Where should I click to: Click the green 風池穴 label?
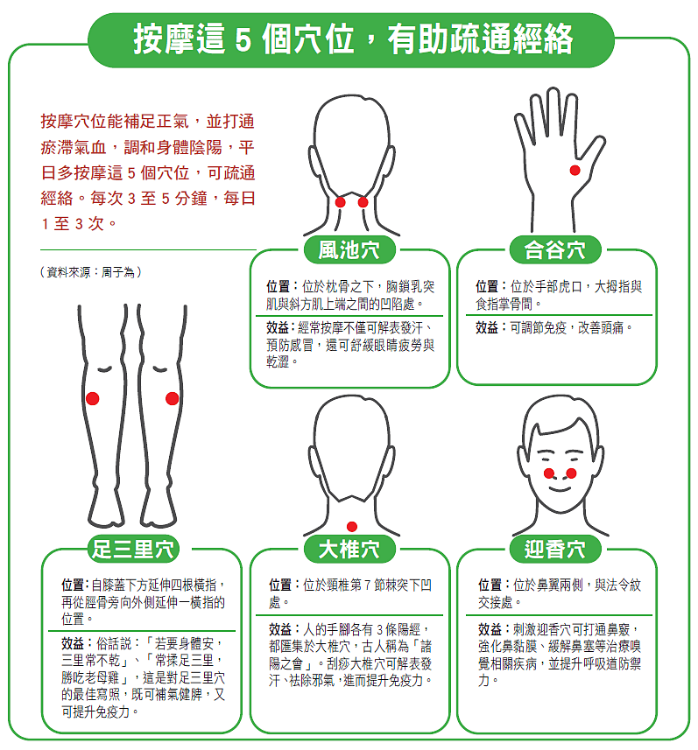point(349,249)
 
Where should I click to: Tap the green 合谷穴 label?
point(555,249)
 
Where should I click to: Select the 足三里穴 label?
point(133,549)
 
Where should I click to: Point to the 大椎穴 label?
point(349,549)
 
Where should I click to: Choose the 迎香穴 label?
point(555,549)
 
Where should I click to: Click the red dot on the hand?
point(575,171)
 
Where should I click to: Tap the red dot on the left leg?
point(93,398)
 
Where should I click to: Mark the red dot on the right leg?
point(172,398)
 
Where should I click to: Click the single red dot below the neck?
point(352,527)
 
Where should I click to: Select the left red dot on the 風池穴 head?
point(341,202)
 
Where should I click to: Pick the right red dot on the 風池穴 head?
point(363,202)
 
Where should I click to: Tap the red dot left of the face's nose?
point(548,473)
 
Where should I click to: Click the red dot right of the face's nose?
point(571,473)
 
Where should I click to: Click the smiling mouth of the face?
point(560,488)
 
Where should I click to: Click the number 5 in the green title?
point(243,40)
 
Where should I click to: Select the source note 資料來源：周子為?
point(91,272)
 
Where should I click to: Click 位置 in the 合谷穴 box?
point(486,286)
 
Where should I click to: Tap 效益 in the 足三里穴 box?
point(73,643)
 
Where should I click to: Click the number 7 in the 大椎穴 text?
point(367,585)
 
